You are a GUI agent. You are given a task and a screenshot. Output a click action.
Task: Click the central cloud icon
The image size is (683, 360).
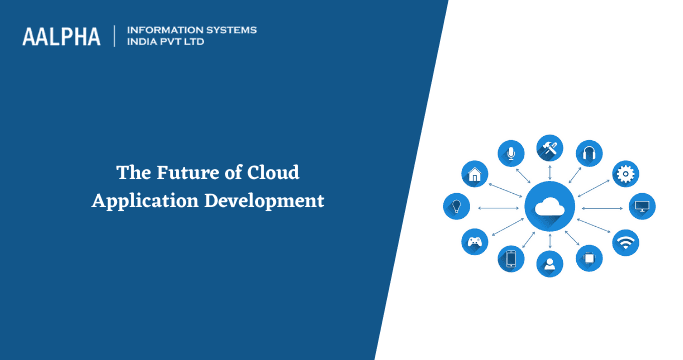549,208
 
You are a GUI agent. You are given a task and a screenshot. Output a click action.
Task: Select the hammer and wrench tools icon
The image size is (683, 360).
549,148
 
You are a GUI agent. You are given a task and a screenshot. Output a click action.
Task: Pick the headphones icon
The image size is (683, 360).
589,153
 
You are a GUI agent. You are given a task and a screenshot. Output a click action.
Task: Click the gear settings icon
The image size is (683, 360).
626,173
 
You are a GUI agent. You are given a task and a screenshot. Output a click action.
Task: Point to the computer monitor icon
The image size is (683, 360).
642,207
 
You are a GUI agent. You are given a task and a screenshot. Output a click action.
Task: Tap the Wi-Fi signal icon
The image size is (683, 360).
626,241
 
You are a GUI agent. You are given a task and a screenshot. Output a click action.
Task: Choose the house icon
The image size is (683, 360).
474,174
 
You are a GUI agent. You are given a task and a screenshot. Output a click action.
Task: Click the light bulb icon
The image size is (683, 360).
456,207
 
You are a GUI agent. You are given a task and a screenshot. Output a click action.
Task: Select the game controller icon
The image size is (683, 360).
474,241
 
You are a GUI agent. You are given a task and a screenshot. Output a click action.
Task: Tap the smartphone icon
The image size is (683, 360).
511,260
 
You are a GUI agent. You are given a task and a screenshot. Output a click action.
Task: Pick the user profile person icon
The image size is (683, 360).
549,264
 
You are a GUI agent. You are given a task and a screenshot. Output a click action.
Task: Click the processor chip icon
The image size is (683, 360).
589,259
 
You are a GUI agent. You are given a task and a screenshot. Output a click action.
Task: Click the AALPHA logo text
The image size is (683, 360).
61,37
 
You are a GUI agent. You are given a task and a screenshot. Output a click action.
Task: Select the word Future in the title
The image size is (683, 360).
178,173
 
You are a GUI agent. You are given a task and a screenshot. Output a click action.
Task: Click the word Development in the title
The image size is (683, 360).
265,199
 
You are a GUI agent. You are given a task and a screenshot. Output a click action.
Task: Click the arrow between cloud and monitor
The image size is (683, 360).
603,208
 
